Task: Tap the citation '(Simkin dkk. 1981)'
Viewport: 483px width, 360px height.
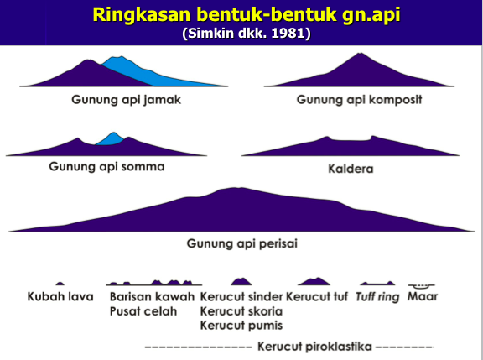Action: (241, 34)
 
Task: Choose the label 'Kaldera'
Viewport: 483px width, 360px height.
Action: (351, 169)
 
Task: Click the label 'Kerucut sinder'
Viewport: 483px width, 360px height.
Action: (241, 297)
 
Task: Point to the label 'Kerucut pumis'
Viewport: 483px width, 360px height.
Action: (241, 326)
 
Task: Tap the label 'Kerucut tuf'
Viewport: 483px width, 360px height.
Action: (316, 297)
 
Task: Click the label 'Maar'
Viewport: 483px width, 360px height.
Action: (423, 297)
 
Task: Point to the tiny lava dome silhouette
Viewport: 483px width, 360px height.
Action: (59, 283)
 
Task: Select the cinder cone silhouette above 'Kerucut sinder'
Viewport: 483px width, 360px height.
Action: (241, 280)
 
